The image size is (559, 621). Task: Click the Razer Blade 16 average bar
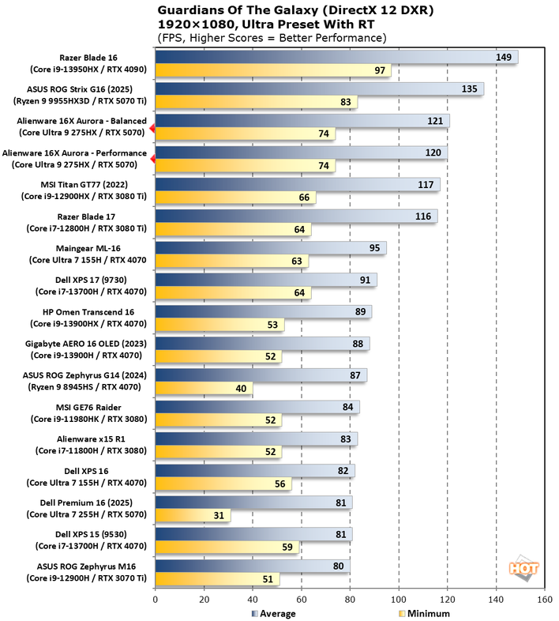coord(336,57)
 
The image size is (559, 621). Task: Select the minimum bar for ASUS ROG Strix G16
coord(256,102)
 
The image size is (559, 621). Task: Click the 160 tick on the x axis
coord(544,600)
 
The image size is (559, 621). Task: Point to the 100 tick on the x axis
coord(399,600)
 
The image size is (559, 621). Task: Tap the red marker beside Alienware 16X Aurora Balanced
coord(152,126)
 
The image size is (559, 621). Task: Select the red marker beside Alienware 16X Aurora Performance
coord(152,159)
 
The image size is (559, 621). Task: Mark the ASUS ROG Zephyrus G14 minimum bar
coord(204,389)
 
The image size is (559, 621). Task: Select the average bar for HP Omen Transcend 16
coord(263,312)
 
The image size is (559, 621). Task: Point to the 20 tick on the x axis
coord(204,600)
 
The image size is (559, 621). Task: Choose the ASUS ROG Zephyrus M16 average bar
coord(253,566)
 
